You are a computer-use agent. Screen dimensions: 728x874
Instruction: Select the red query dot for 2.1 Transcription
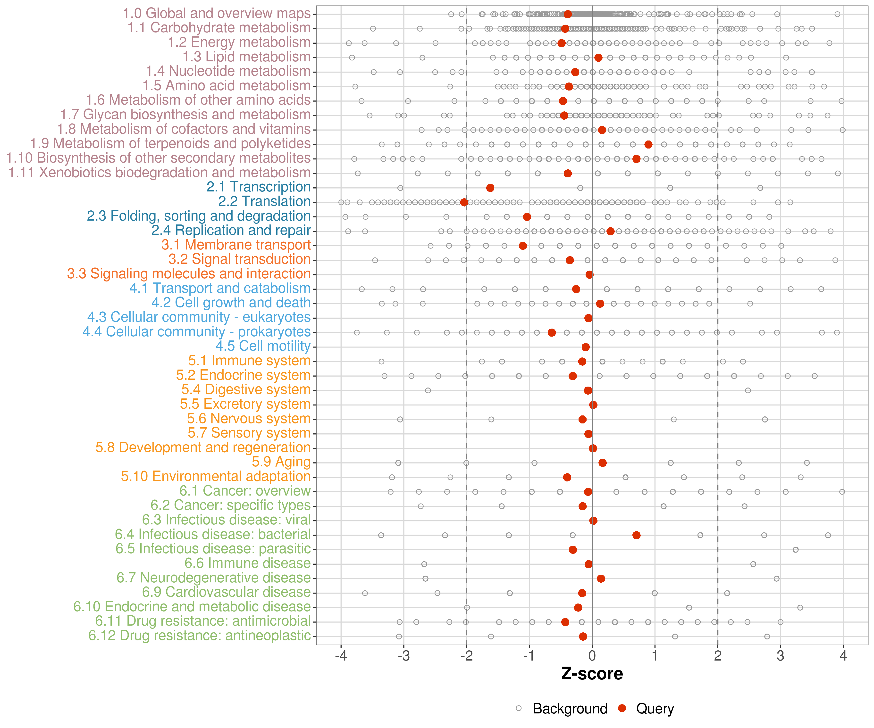(x=490, y=188)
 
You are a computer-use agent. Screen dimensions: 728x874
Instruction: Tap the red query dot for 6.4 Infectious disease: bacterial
(x=636, y=535)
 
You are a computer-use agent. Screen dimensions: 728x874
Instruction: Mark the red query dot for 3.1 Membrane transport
(x=523, y=246)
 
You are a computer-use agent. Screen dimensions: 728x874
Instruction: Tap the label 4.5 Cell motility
(x=263, y=346)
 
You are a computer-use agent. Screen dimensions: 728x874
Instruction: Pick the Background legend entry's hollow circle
(x=519, y=708)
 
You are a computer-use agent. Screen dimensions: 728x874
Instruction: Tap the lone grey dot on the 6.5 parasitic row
(x=795, y=550)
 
